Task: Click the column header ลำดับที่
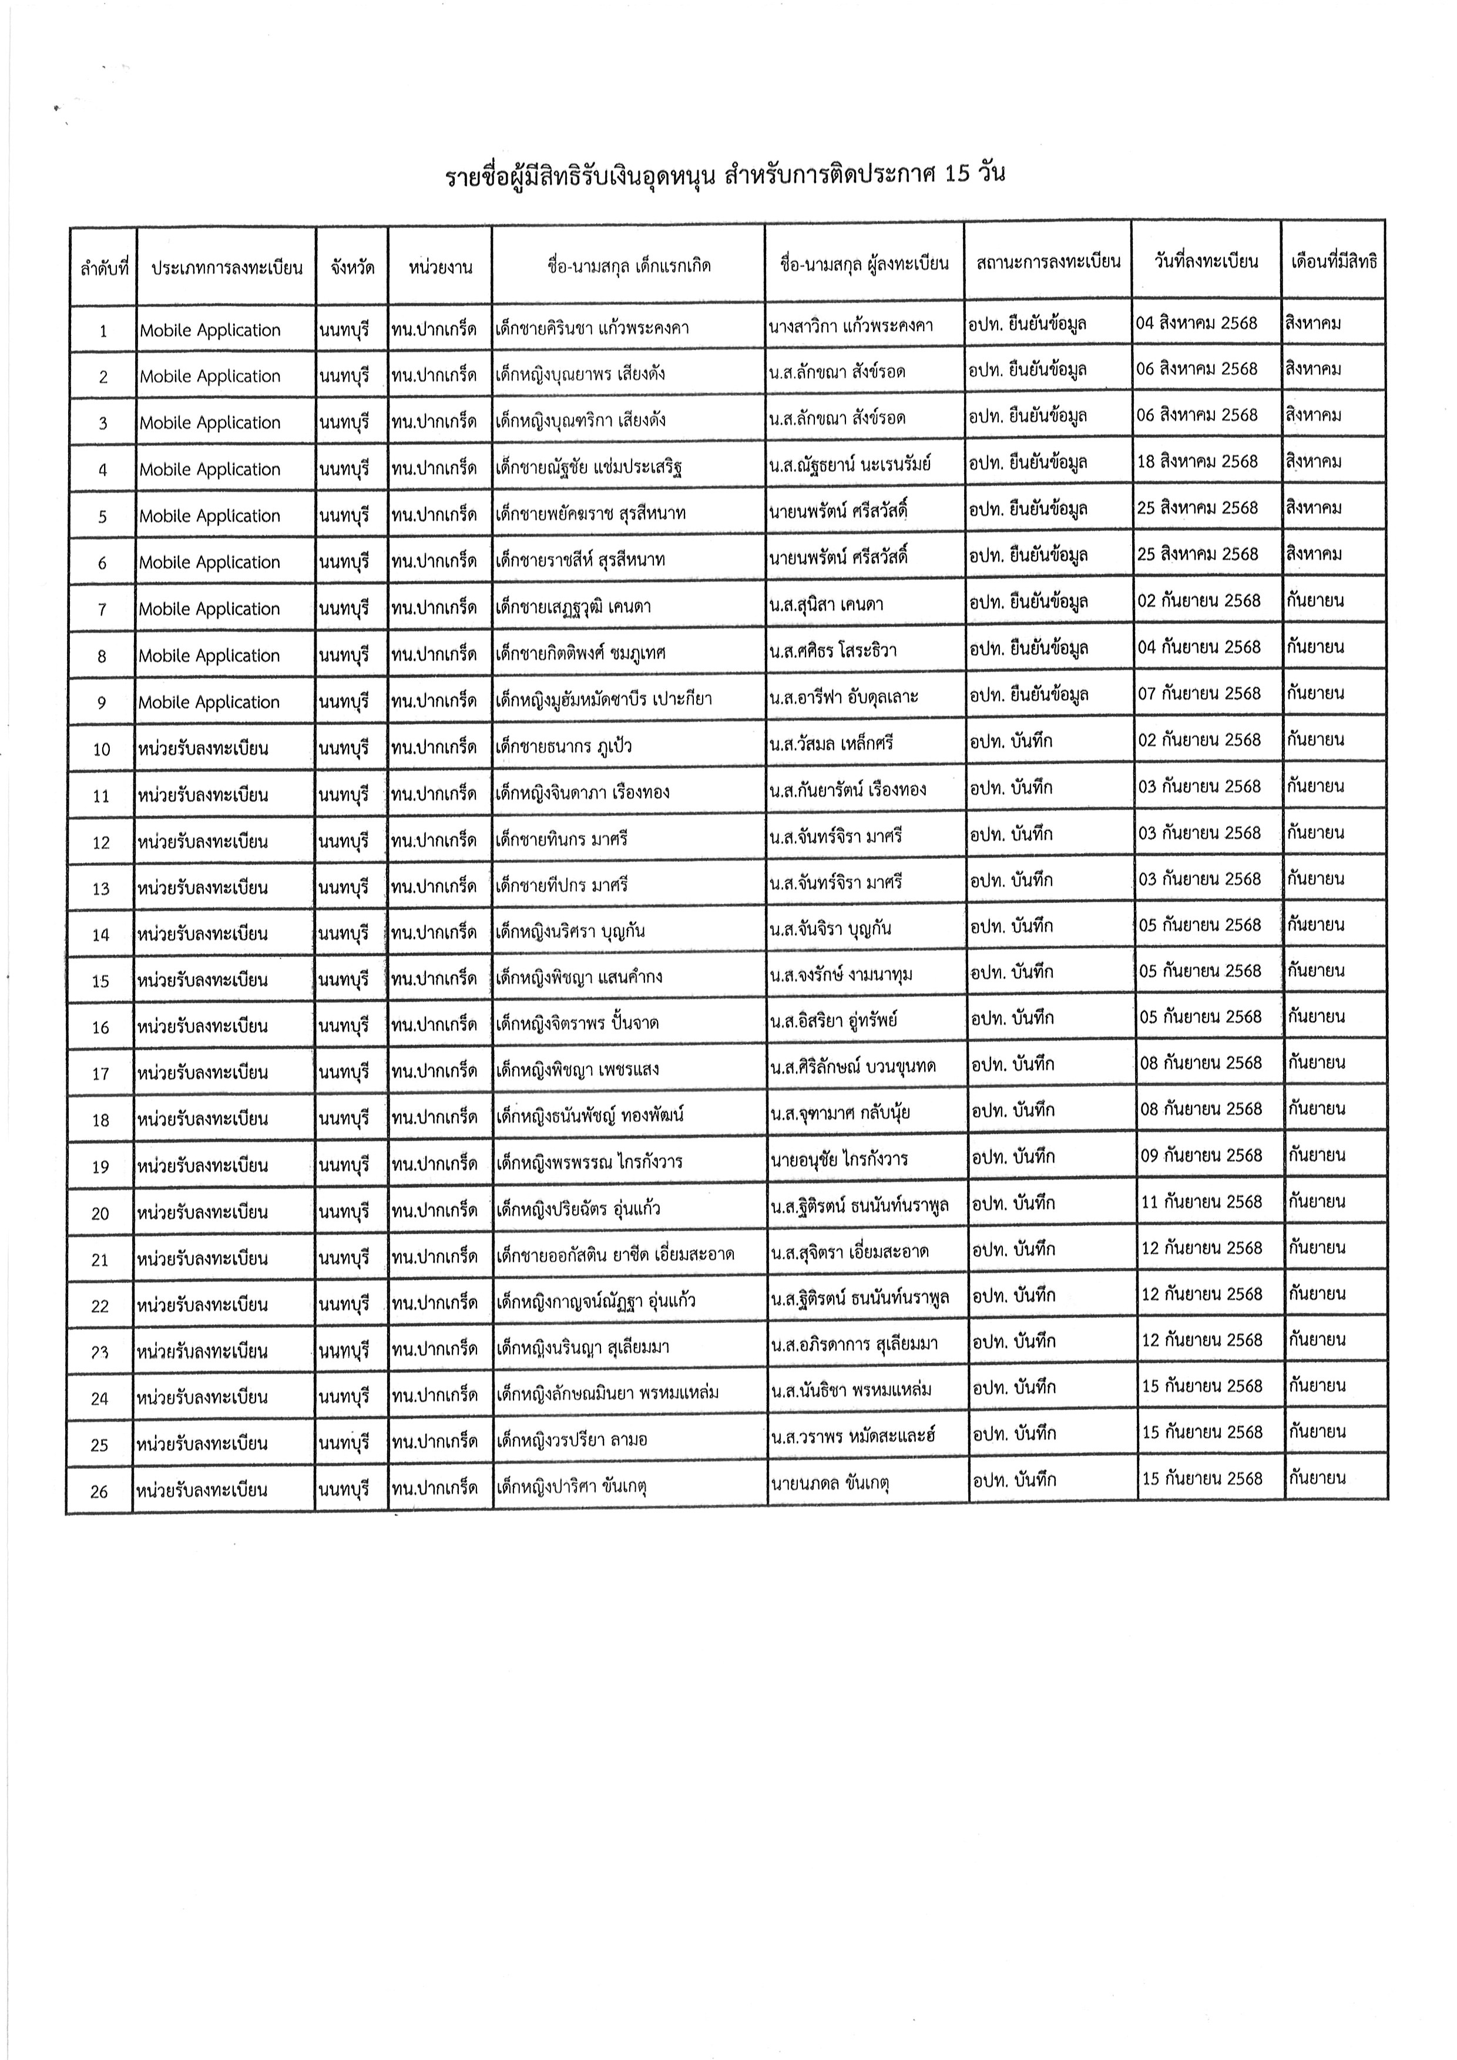point(104,267)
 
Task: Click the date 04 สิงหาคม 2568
point(1197,323)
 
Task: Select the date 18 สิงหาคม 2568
point(1198,462)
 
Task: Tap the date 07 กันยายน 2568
point(1200,694)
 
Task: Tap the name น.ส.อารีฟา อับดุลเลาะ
point(843,697)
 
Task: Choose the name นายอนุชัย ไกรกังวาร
point(839,1159)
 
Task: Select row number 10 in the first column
point(102,749)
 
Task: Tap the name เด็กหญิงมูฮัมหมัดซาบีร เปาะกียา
point(603,699)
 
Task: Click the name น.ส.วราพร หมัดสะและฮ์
point(852,1436)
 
